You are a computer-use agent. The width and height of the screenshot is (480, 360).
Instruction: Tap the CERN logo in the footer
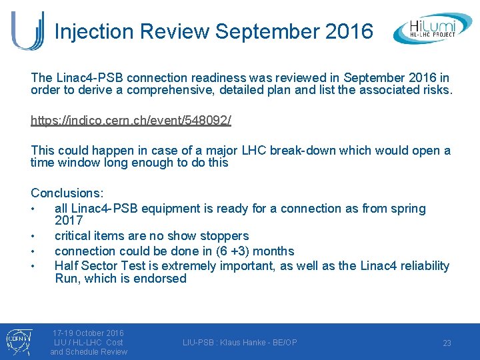click(x=15, y=341)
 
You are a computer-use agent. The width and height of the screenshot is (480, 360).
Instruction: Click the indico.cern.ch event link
click(x=131, y=121)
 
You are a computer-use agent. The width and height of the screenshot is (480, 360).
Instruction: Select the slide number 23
click(x=447, y=343)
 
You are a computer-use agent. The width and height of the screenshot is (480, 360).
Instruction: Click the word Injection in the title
click(x=97, y=31)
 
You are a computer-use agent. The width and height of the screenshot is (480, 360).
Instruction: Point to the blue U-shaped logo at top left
click(x=27, y=30)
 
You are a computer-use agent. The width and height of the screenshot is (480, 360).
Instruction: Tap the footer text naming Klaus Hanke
click(x=240, y=343)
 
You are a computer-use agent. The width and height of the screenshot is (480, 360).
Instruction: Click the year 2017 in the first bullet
click(x=69, y=221)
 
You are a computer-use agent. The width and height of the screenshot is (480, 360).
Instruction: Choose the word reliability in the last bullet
click(x=424, y=266)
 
